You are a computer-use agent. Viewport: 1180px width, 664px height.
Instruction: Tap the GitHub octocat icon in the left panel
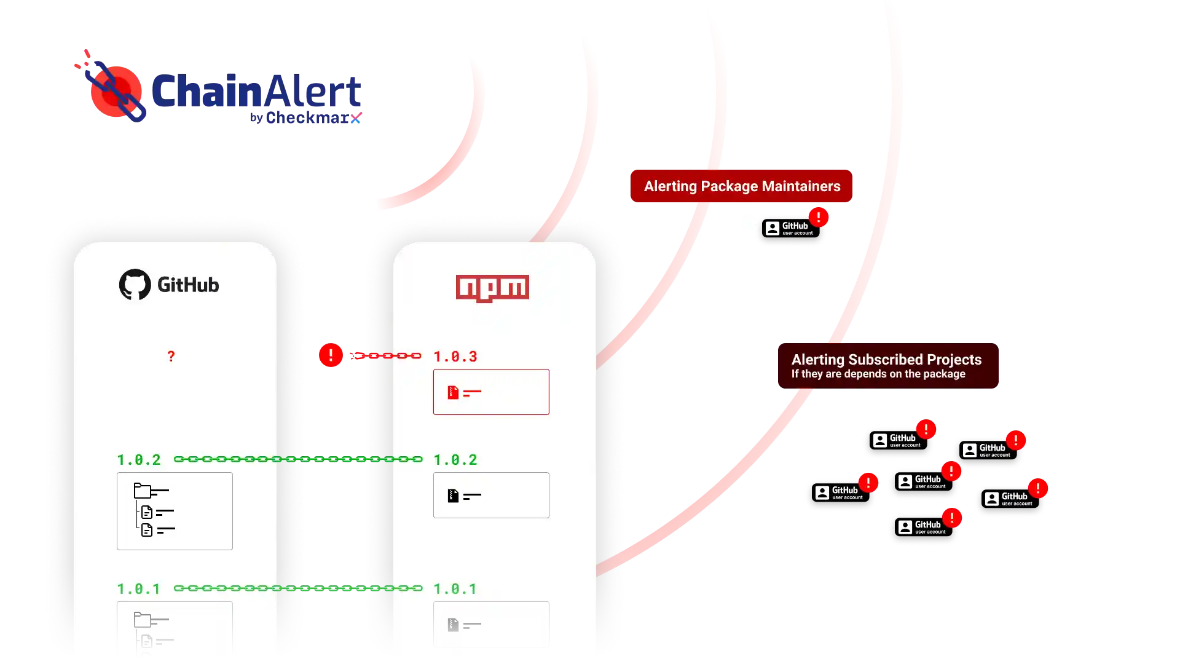135,284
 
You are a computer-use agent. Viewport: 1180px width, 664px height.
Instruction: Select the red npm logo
492,288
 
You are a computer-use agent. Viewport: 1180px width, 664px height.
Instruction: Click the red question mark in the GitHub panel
171,356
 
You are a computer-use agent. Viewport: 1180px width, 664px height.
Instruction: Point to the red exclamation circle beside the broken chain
331,355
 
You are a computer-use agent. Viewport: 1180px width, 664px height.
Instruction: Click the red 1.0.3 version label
455,357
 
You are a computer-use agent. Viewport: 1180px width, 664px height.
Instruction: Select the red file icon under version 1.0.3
453,392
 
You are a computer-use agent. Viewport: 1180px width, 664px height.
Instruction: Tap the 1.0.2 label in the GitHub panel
139,460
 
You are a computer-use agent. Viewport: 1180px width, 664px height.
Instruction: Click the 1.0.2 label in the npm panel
455,460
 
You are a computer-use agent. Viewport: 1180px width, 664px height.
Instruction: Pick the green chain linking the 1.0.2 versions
298,459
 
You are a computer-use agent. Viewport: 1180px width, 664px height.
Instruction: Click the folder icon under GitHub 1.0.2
143,491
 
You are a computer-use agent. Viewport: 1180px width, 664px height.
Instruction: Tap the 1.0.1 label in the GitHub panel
139,589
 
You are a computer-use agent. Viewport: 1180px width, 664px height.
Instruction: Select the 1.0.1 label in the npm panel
455,589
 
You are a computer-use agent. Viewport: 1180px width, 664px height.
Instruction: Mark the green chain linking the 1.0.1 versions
298,588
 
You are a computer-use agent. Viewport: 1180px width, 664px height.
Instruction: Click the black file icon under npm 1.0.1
453,625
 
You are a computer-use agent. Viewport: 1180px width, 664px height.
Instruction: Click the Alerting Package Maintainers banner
742,186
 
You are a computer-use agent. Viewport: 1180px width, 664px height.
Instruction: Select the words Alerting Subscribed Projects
886,360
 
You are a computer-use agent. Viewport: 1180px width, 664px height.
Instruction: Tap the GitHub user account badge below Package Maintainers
790,229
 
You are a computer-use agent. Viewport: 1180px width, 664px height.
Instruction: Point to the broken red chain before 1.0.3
385,355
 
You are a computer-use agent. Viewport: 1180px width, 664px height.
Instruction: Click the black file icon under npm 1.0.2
453,496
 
